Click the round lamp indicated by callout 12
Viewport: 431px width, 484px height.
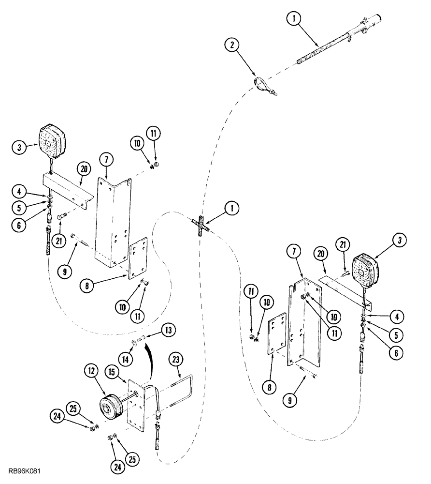pyautogui.click(x=112, y=405)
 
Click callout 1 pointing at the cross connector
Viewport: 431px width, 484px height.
pyautogui.click(x=232, y=208)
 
